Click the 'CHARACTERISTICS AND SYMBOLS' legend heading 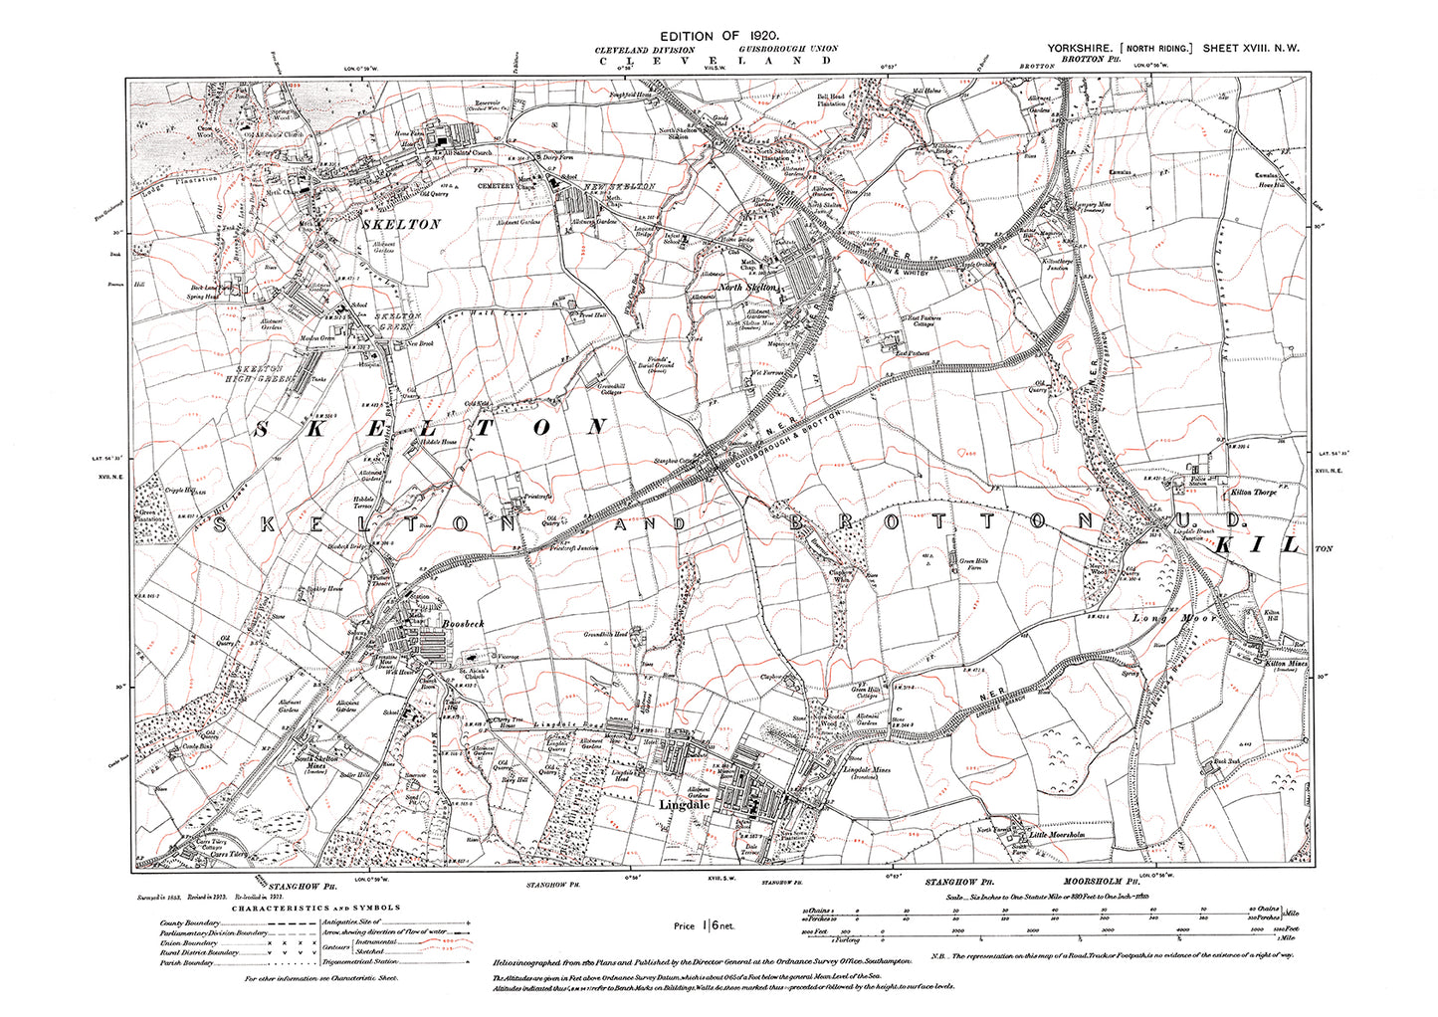(x=316, y=908)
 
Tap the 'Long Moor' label (x=1160, y=618)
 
